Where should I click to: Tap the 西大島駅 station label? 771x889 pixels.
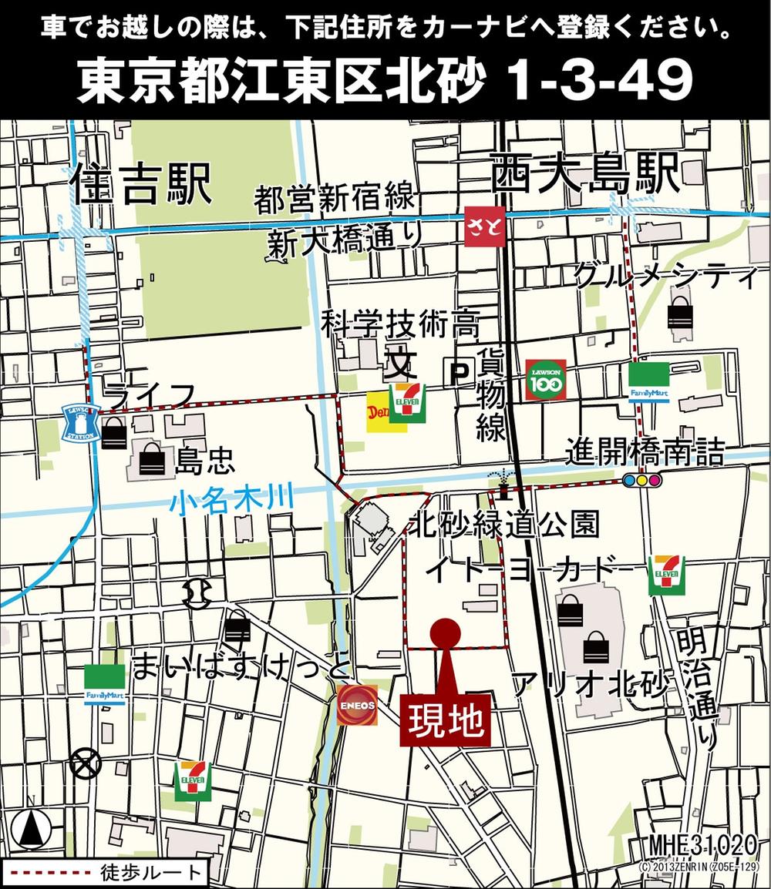[586, 174]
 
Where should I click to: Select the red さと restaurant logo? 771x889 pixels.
[485, 226]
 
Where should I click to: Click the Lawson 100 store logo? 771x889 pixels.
[546, 380]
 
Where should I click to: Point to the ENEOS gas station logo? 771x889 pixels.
[358, 705]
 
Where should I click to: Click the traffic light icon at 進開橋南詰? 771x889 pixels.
[641, 481]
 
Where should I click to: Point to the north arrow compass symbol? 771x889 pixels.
[32, 830]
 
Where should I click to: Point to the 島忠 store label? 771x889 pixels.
[205, 461]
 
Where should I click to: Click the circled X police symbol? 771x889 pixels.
[86, 764]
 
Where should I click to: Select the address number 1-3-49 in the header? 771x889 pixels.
[601, 82]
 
